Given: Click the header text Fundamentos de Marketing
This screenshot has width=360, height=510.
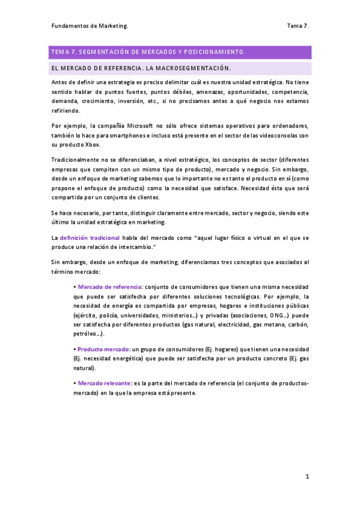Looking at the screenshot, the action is (x=89, y=26).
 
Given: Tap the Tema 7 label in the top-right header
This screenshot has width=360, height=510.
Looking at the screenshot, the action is (x=297, y=26).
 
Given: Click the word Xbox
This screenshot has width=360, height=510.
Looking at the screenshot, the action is (x=91, y=145).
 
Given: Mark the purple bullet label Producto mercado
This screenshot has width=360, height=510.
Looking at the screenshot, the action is (x=103, y=349).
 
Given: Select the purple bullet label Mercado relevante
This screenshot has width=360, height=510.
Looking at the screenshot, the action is (x=105, y=382).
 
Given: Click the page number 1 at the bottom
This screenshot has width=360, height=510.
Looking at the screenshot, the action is (x=307, y=476).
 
